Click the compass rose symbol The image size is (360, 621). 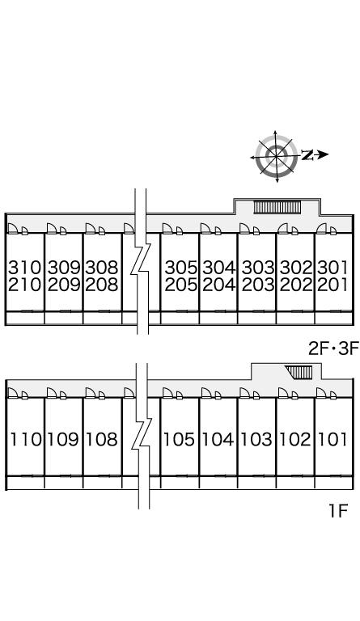pyautogui.click(x=277, y=156)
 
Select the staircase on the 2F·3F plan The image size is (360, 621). pyautogui.click(x=277, y=207)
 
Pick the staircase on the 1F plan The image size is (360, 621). pyautogui.click(x=300, y=372)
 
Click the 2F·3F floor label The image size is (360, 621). pyautogui.click(x=333, y=349)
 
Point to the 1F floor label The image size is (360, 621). pyautogui.click(x=337, y=511)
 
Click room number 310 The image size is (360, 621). pyautogui.click(x=24, y=268)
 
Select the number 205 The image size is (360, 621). pyautogui.click(x=180, y=285)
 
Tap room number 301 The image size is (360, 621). pyautogui.click(x=332, y=268)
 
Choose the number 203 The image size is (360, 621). pyautogui.click(x=258, y=285)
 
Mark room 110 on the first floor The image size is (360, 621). pyautogui.click(x=26, y=439)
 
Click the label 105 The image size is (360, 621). pyautogui.click(x=180, y=439)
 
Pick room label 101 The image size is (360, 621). pyautogui.click(x=333, y=439)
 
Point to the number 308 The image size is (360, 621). pyautogui.click(x=102, y=268)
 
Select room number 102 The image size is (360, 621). pyautogui.click(x=295, y=439)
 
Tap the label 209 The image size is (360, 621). pyautogui.click(x=64, y=285)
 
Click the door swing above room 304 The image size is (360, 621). pyautogui.click(x=206, y=229)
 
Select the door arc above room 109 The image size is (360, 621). pyautogui.click(x=52, y=393)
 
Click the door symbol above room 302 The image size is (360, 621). pyautogui.click(x=283, y=229)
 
